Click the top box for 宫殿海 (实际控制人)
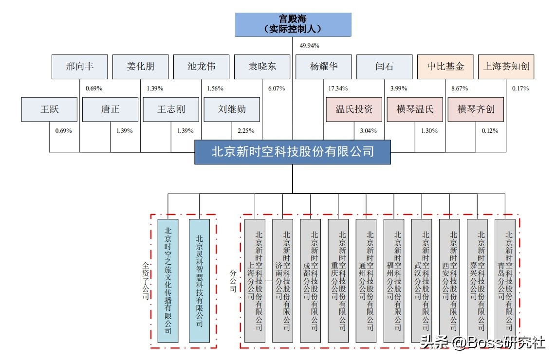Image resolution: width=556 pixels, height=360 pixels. [x=293, y=25]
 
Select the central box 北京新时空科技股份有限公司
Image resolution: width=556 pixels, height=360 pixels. [x=293, y=152]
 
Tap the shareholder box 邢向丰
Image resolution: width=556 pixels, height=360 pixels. [x=80, y=67]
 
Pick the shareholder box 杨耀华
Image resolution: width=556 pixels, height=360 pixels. [x=323, y=67]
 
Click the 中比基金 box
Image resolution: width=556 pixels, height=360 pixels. [x=445, y=67]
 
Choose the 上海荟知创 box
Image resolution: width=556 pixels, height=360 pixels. [x=506, y=67]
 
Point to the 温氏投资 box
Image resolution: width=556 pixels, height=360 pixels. [x=354, y=109]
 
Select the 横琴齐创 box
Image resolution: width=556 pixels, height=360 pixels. [x=476, y=109]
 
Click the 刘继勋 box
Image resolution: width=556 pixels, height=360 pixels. [x=232, y=109]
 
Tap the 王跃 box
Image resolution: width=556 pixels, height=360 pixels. [x=50, y=109]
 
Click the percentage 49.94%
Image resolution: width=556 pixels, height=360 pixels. [x=309, y=46]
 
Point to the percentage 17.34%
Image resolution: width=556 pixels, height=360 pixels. [x=338, y=89]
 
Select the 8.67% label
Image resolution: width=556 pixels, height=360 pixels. [x=460, y=89]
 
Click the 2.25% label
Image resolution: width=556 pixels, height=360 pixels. [x=246, y=131]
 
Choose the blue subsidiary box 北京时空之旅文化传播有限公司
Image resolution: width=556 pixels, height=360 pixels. [x=168, y=281]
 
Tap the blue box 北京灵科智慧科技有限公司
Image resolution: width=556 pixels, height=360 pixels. [x=199, y=281]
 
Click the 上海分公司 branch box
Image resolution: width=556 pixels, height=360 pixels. [x=255, y=281]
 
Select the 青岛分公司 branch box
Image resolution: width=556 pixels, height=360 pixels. [x=505, y=281]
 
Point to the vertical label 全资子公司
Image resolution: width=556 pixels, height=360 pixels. [x=145, y=281]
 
